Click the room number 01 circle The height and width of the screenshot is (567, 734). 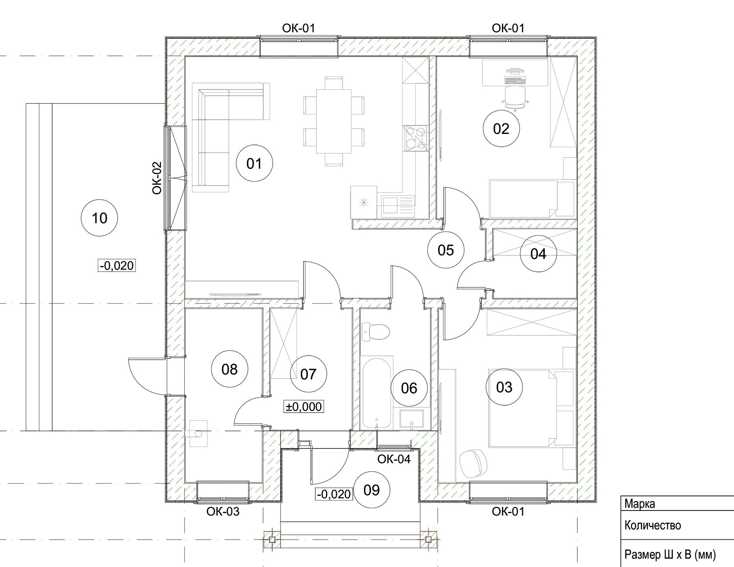click(254, 164)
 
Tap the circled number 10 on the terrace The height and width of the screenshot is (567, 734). click(99, 218)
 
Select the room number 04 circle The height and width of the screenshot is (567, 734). click(538, 253)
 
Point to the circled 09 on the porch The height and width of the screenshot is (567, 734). click(372, 490)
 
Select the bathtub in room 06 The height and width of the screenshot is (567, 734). click(377, 393)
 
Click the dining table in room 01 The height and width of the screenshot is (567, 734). click(333, 121)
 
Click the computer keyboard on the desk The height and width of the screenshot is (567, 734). click(515, 80)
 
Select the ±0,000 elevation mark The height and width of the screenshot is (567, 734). click(304, 406)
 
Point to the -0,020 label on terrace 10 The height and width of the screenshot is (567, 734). click(117, 265)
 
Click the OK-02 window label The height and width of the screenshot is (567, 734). click(157, 178)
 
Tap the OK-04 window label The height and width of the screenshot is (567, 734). click(394, 459)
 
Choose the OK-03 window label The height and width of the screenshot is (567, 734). click(223, 511)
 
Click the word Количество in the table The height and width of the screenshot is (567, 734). click(653, 525)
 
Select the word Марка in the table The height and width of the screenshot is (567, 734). click(640, 504)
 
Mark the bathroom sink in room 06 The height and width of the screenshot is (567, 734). click(411, 419)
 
